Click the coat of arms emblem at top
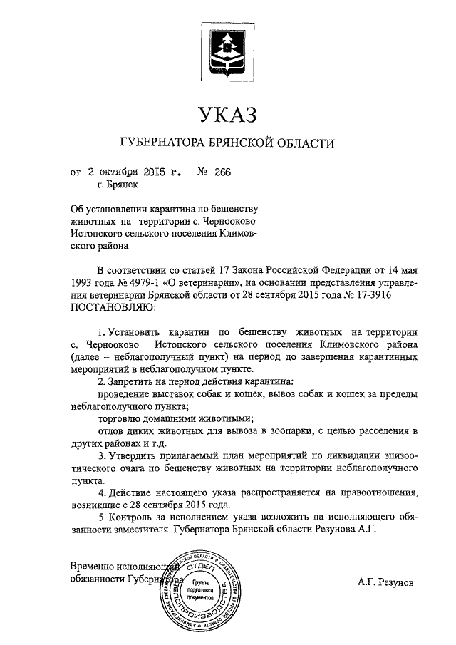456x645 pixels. point(227,51)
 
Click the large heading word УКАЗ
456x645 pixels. point(227,113)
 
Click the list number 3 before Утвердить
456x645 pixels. point(101,456)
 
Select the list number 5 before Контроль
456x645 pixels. point(101,517)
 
